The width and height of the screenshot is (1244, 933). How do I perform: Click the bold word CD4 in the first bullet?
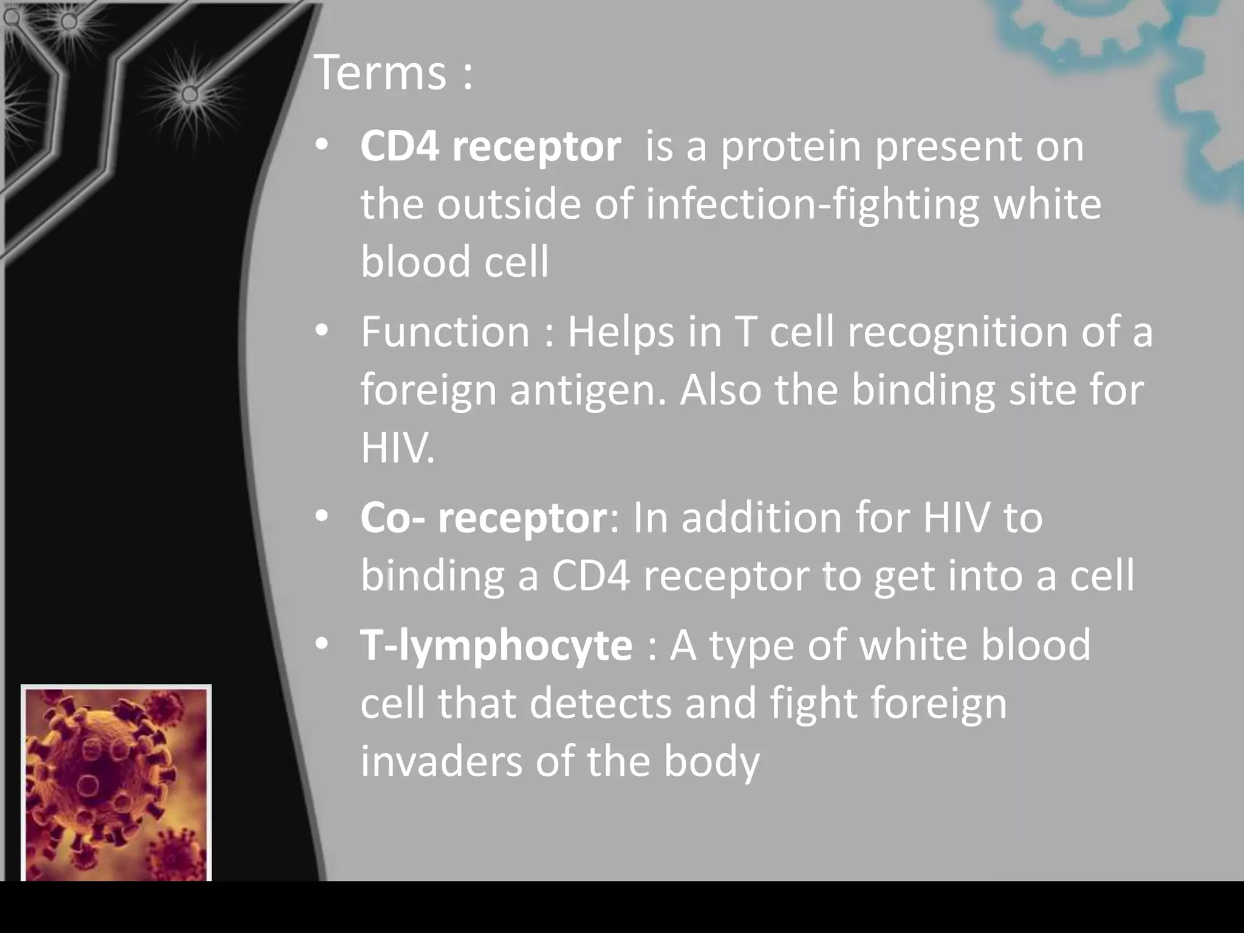[x=399, y=146]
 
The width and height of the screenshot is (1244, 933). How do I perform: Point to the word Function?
[x=445, y=332]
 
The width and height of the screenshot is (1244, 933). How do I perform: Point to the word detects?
[x=601, y=703]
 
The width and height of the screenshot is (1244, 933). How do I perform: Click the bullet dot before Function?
[x=322, y=331]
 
